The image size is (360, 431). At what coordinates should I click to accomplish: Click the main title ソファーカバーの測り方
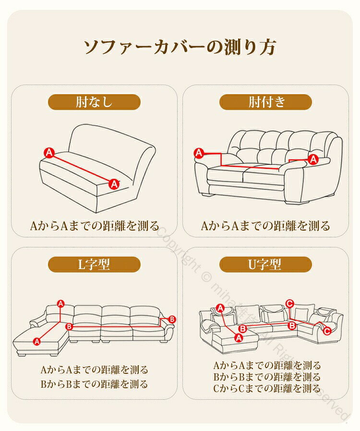click(180, 47)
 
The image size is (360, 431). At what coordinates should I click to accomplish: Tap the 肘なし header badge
click(94, 102)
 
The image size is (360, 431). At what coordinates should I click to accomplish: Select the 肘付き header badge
click(265, 102)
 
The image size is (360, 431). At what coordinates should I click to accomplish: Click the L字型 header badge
click(94, 264)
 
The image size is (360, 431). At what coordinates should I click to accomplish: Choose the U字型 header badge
click(265, 264)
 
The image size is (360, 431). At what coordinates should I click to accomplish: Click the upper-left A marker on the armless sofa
click(49, 152)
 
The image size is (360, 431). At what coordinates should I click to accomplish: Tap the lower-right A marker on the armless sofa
click(114, 184)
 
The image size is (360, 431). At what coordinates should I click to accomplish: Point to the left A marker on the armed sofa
click(199, 153)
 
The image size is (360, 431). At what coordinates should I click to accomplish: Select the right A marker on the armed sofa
click(313, 159)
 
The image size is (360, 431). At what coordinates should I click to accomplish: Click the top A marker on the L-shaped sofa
click(60, 304)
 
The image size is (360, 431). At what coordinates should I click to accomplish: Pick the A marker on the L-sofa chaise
click(37, 342)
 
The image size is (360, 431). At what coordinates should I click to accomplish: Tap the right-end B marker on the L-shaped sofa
click(172, 319)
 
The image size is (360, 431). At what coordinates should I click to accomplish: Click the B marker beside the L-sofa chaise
click(69, 327)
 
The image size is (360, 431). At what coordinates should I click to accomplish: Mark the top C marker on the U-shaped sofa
click(289, 304)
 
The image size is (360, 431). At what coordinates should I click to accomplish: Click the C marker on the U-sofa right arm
click(327, 331)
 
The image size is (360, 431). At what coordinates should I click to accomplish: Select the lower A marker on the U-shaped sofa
click(239, 337)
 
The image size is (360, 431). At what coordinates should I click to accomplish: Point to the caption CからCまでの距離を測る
click(267, 388)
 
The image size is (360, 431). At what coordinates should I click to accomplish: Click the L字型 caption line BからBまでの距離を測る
click(94, 384)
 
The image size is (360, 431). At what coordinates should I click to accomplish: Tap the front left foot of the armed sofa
click(207, 194)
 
